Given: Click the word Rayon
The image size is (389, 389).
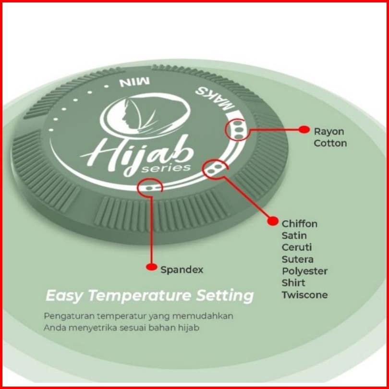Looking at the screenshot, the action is [x=329, y=132].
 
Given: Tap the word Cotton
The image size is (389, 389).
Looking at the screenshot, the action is [x=330, y=143].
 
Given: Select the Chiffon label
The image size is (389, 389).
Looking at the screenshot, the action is [x=300, y=224].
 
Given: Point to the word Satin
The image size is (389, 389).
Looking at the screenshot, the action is [x=294, y=236].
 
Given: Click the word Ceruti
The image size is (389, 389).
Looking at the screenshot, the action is [x=297, y=247].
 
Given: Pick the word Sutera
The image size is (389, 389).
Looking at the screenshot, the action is [x=298, y=259].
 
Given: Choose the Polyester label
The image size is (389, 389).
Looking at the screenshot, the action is [x=304, y=271].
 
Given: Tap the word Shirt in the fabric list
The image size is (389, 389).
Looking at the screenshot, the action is [x=293, y=283].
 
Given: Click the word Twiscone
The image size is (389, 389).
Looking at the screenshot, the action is [x=304, y=295].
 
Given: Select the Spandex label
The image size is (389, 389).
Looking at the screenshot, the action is [x=182, y=270].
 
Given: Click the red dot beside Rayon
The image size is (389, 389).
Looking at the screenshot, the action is [x=303, y=129].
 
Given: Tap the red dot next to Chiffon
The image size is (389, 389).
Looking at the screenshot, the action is [x=273, y=221].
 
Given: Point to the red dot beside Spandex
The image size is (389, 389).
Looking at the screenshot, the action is [x=151, y=267].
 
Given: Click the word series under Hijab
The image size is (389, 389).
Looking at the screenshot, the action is [x=172, y=169].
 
